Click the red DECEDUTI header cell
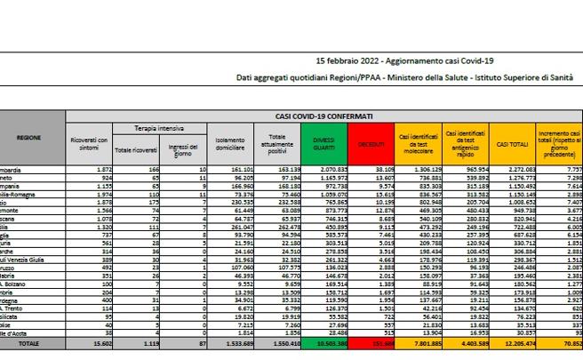(x=370, y=144)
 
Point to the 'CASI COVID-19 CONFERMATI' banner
(x=323, y=115)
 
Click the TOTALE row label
(x=30, y=340)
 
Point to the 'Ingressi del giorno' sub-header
(x=187, y=144)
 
